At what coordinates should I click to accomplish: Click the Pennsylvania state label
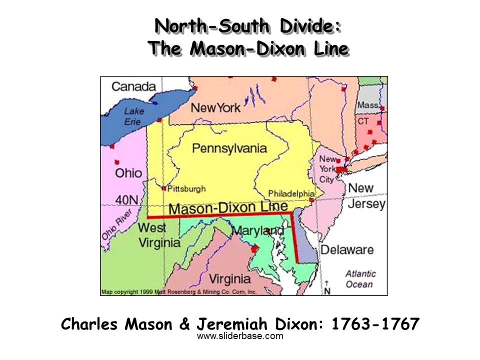(229, 148)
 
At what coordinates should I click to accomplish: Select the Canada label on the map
(133, 86)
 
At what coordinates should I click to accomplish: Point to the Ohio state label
(128, 173)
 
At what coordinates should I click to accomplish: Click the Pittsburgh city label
(186, 189)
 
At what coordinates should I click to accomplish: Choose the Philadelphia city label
(291, 193)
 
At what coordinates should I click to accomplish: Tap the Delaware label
(347, 249)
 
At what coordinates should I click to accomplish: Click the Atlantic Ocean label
(360, 279)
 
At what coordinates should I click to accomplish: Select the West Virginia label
(159, 235)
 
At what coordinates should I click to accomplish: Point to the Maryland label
(258, 231)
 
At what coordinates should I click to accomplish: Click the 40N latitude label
(126, 200)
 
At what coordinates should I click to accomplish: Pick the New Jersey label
(367, 196)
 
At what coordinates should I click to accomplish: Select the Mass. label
(367, 105)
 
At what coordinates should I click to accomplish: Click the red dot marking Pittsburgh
(163, 188)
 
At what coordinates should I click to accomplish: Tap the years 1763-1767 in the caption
(375, 324)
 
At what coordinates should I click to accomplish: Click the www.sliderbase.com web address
(240, 336)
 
